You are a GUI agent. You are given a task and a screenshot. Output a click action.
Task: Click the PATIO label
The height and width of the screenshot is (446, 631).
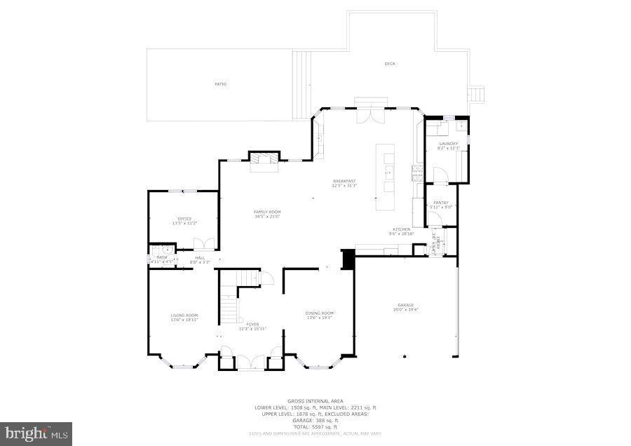click(220, 84)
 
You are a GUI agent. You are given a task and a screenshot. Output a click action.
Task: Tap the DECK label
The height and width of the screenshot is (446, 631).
click(390, 64)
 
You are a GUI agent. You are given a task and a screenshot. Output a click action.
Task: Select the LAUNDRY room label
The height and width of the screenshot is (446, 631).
click(448, 144)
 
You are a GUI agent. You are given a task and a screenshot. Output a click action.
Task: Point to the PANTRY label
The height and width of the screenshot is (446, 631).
click(441, 203)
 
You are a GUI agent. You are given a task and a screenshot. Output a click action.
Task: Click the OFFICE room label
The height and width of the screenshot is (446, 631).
click(184, 219)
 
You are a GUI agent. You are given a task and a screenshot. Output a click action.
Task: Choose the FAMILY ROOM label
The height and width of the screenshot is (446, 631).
click(267, 212)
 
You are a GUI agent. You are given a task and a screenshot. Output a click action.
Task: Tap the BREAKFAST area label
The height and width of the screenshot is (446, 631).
click(344, 181)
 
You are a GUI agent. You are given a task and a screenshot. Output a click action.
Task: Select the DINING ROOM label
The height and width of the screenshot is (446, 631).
click(319, 313)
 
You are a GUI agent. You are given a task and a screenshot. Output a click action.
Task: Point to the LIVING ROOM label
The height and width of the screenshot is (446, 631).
click(184, 316)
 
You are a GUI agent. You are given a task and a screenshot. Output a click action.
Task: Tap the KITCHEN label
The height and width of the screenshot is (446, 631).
click(401, 229)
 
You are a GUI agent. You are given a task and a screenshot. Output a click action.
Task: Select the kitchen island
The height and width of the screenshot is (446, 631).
click(385, 177)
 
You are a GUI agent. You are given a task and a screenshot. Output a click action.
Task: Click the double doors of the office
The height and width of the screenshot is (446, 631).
click(203, 244)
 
